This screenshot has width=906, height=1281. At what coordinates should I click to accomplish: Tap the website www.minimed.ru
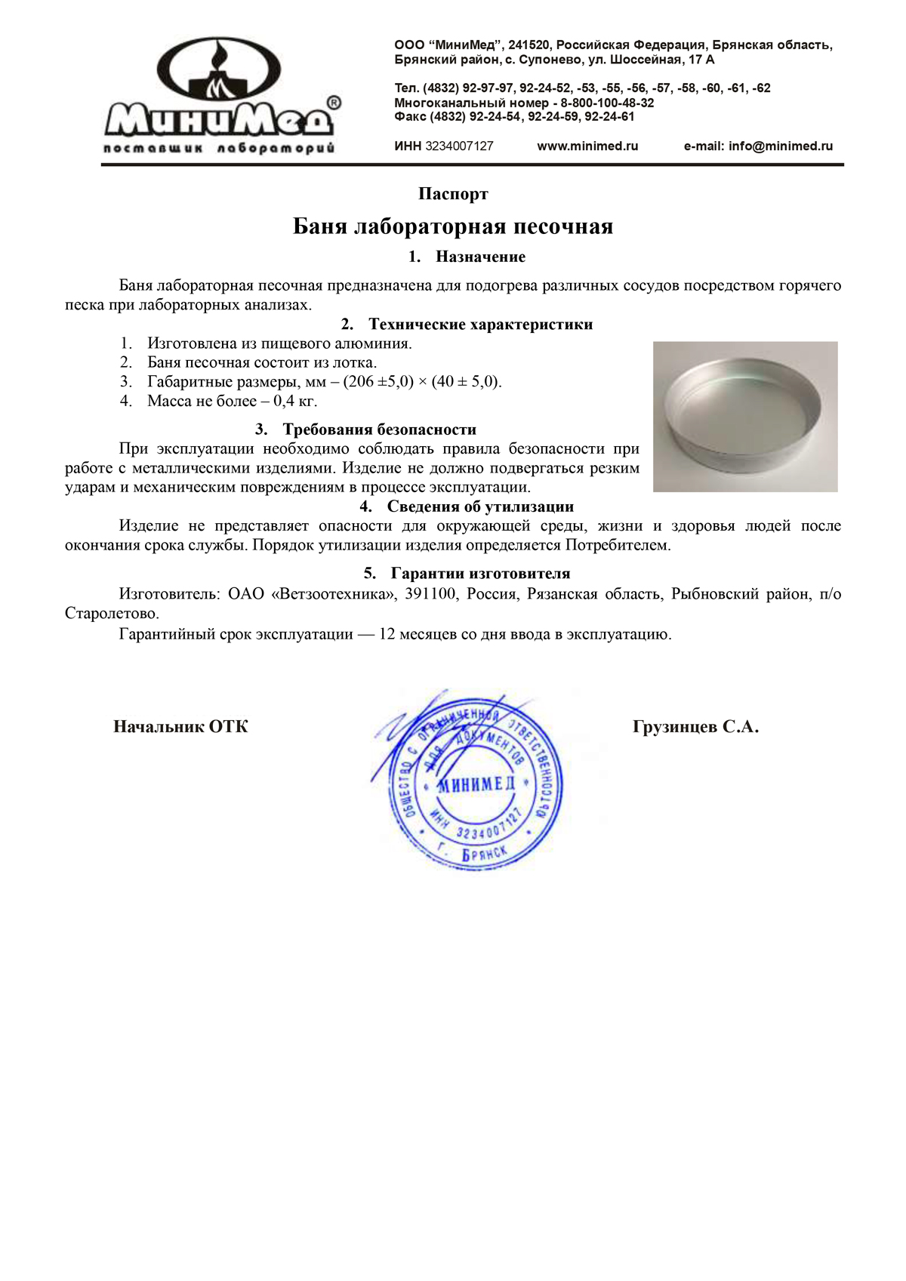pos(587,146)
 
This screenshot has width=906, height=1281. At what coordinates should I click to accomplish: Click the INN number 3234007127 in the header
pos(459,146)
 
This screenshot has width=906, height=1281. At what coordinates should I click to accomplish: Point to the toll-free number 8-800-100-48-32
pos(607,103)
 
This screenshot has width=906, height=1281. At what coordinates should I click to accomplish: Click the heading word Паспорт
pos(453,194)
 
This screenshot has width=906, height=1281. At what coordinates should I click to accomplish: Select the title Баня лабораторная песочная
pos(453,226)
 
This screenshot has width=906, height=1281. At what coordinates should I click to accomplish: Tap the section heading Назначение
pos(480,257)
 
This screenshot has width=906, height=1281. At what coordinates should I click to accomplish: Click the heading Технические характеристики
pos(480,325)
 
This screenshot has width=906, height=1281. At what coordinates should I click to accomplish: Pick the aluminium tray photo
pos(745,417)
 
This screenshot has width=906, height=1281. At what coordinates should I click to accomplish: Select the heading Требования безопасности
pos(379,430)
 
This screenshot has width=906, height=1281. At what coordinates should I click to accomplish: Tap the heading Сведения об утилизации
pos(480,507)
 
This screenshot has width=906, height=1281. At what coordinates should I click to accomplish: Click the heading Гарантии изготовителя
pos(480,574)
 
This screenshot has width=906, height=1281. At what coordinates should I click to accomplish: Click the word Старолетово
pos(112,614)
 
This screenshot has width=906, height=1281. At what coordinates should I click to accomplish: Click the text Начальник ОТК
pos(180,727)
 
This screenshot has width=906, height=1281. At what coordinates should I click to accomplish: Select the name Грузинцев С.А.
pos(695,727)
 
